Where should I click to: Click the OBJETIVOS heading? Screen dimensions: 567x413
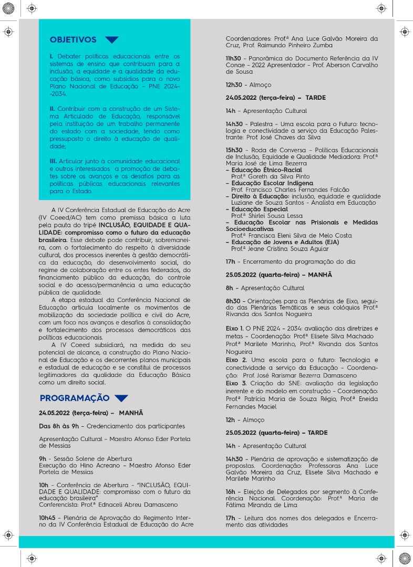[73, 40]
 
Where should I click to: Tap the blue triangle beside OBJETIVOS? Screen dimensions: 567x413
[111, 40]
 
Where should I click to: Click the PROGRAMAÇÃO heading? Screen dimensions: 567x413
[75, 398]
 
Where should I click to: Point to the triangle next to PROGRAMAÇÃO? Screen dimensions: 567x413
[121, 398]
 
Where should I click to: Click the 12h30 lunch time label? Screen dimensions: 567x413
[234, 85]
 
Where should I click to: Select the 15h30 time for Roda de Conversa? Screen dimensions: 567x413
[234, 150]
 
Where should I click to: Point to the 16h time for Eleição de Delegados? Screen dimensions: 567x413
[230, 492]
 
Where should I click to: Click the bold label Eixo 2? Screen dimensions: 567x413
[236, 360]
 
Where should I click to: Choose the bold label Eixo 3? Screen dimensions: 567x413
[236, 383]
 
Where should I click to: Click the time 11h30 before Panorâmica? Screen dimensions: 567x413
[234, 58]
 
